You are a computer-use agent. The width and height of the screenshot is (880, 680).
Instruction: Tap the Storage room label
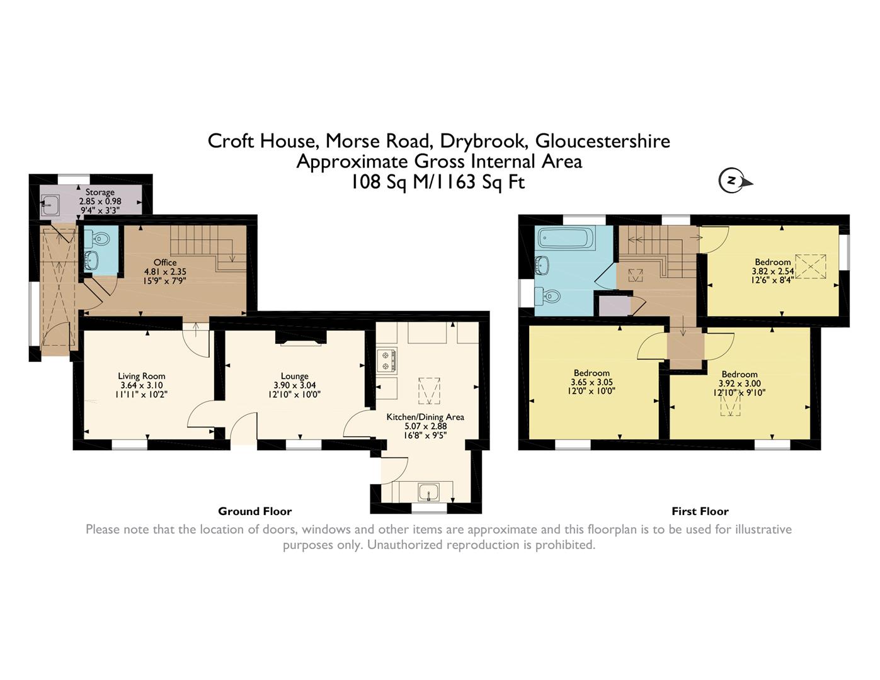coord(100,192)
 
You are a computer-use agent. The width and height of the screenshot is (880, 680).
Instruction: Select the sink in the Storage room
coord(50,206)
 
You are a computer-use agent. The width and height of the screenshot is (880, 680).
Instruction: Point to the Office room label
coord(165,263)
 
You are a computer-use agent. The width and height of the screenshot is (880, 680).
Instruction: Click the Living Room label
coord(141,376)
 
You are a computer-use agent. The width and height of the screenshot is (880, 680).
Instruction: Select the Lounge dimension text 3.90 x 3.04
coord(294,385)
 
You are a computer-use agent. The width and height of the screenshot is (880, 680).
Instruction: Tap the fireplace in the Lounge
coord(300,338)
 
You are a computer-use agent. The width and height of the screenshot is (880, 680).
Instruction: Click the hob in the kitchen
coord(387,361)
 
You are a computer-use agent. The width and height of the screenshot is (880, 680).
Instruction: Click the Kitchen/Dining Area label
coord(425,417)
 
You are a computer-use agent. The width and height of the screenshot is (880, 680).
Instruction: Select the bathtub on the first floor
coord(566,237)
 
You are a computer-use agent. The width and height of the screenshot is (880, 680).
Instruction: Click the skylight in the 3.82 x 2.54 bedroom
coord(810,266)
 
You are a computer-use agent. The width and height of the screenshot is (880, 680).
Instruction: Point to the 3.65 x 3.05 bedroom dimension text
coord(591,382)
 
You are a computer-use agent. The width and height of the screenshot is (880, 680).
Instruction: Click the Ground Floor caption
coord(254,512)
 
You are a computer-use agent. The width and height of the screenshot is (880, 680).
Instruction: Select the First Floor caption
coord(700,512)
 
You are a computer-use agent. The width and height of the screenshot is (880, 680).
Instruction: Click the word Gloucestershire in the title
coord(603,141)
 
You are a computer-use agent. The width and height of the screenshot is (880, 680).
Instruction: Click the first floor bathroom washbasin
coord(542,265)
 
